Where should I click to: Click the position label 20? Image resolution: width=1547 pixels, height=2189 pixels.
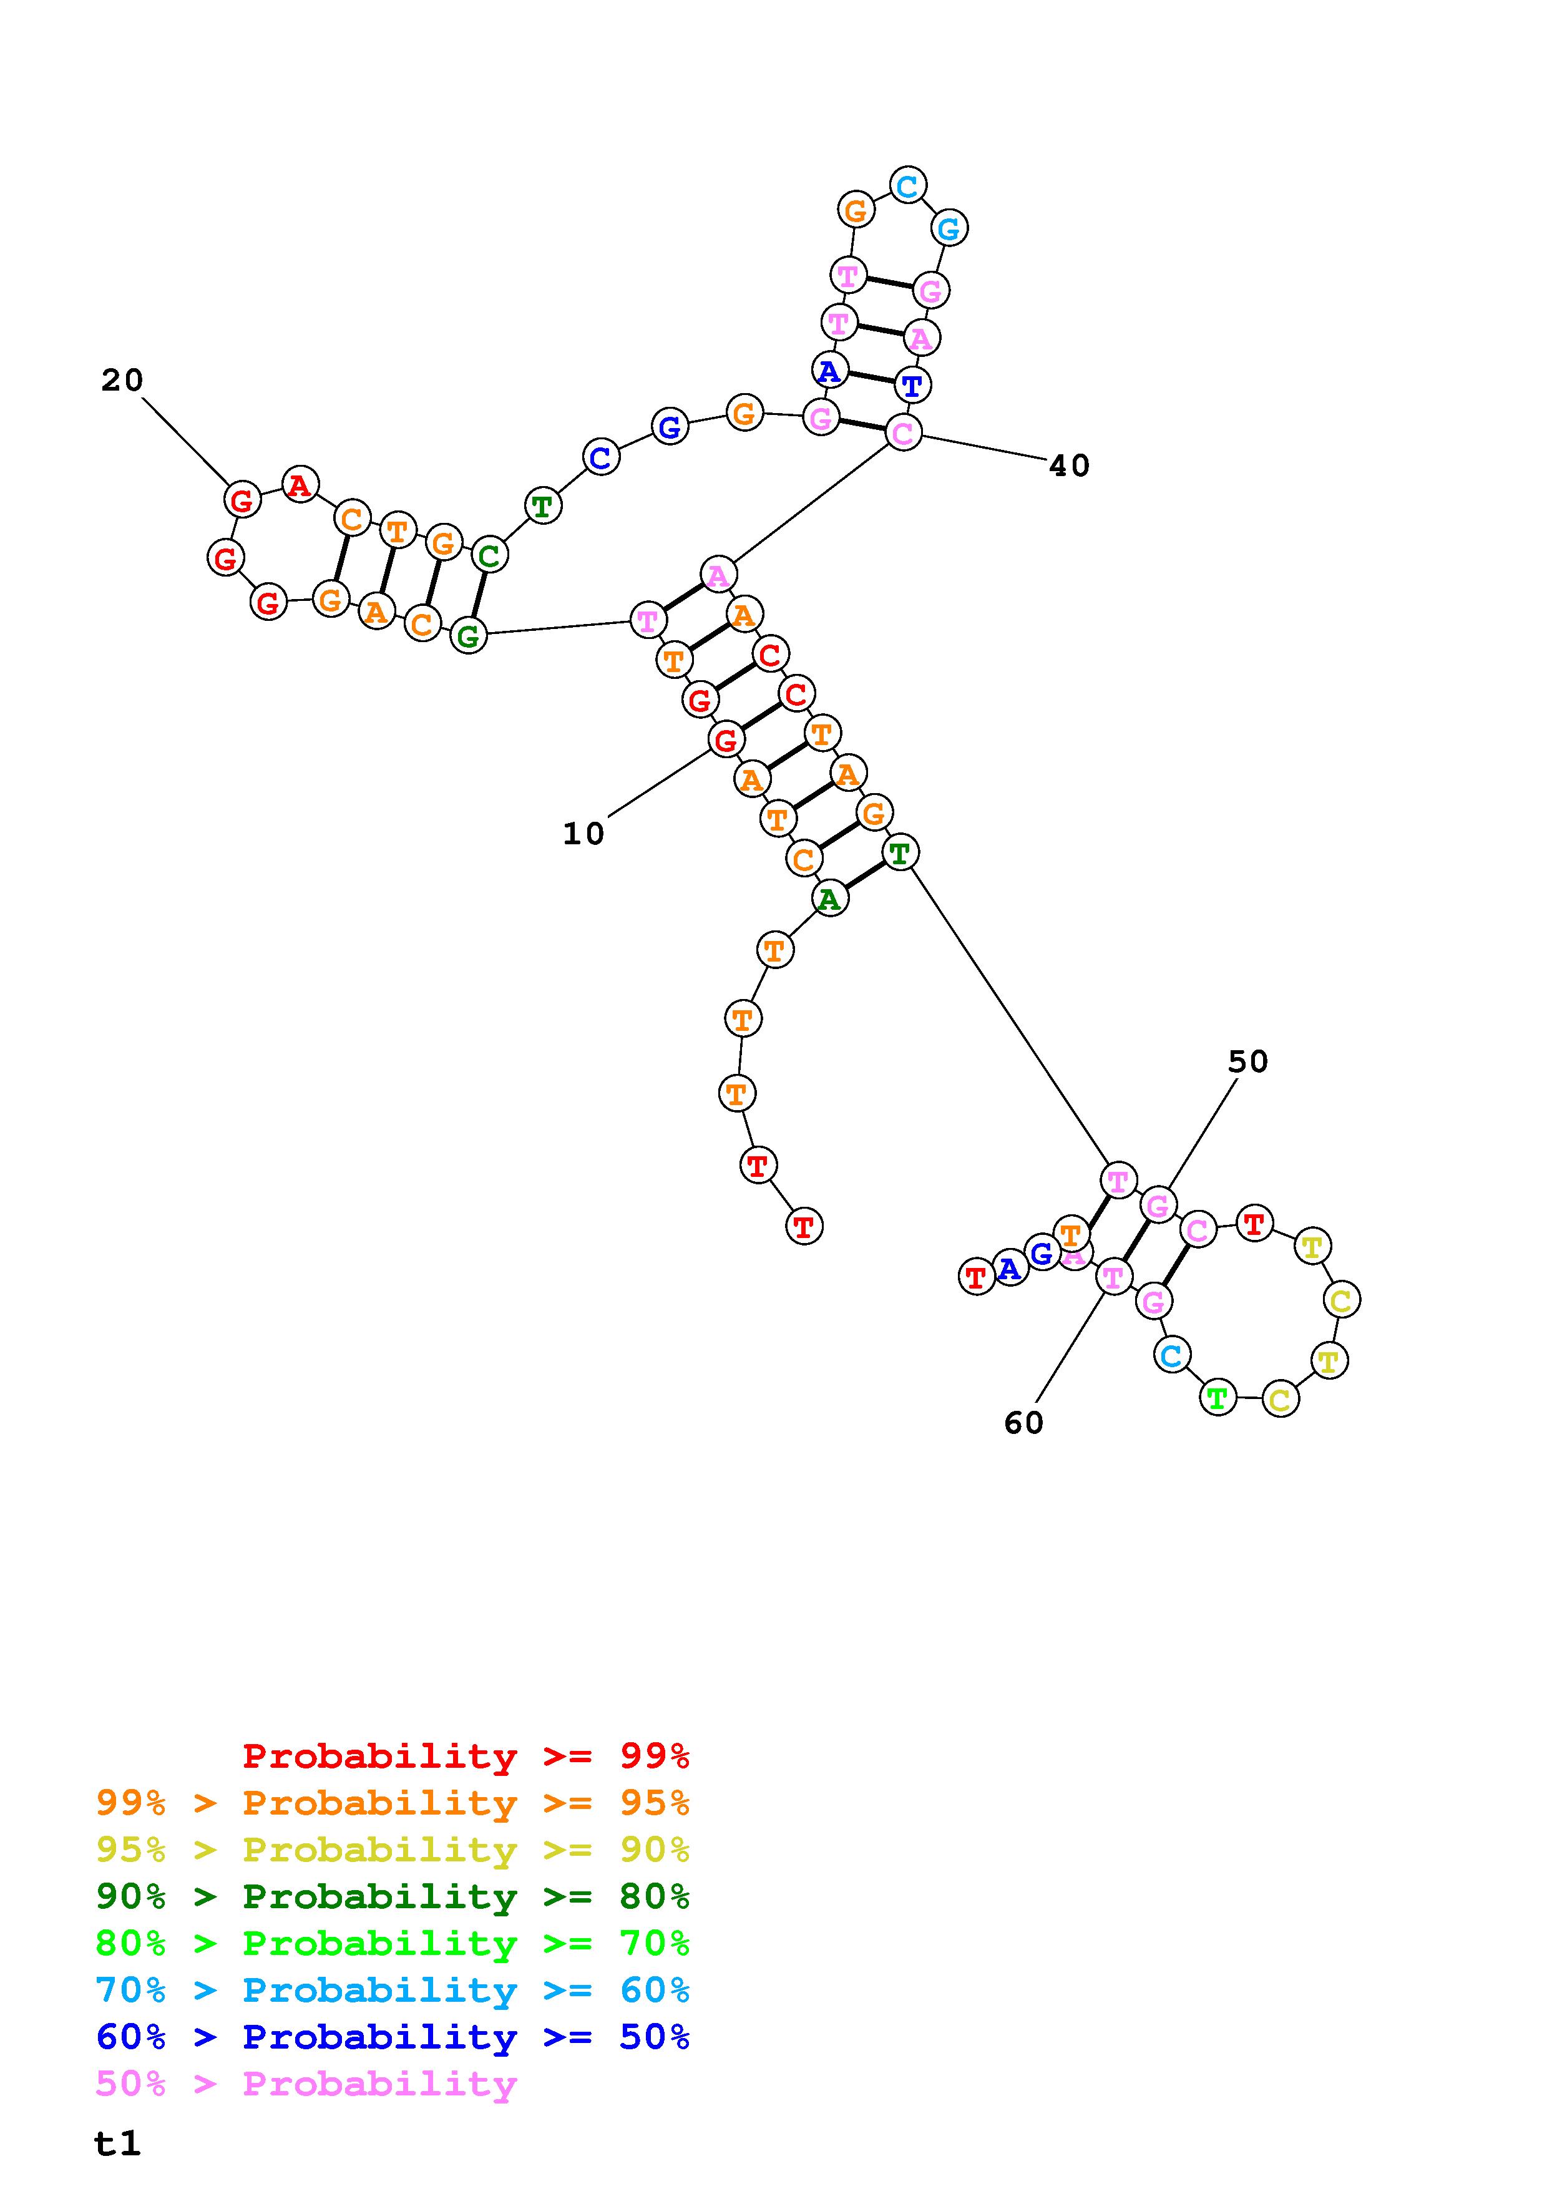pos(122,381)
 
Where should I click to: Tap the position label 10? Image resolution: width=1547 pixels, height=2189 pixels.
pos(583,834)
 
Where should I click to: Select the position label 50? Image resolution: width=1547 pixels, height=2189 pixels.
pos(1247,1061)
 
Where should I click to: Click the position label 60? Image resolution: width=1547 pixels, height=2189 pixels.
pos(1023,1423)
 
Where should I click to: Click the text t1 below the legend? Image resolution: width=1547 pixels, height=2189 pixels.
pos(117,2143)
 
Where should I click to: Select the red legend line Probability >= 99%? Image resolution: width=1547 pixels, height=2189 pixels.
pos(466,1756)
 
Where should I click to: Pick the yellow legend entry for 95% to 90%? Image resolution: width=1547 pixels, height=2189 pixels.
pos(393,1850)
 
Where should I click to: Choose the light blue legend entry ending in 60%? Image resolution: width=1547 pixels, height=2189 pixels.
pos(393,1990)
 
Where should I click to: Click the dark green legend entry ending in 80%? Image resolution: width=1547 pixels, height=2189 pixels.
pos(393,1896)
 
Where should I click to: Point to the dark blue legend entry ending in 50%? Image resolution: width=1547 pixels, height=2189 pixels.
pos(393,2037)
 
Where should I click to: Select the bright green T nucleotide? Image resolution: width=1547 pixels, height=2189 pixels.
pos(1218,1398)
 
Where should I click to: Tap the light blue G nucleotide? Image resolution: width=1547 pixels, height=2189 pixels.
pos(949,228)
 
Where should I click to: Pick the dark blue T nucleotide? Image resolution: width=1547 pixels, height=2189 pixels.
pos(913,385)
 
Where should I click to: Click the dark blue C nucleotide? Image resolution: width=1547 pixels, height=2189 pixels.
pos(600,457)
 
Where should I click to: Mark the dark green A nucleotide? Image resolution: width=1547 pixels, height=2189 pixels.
pos(829,897)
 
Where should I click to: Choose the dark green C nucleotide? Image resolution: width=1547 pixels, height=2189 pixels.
pos(489,554)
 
